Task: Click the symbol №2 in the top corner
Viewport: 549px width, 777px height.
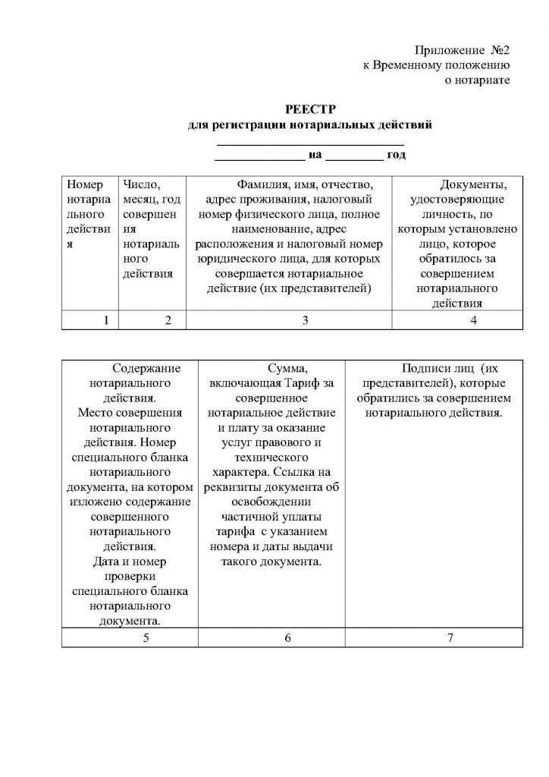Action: tap(497, 50)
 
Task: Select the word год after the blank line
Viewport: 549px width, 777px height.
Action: tap(397, 155)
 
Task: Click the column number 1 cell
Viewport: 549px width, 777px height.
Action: tap(107, 320)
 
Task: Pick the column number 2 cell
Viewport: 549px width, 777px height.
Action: tap(168, 320)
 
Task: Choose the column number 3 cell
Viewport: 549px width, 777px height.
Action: tap(304, 320)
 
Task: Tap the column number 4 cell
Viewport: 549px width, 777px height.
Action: tap(473, 320)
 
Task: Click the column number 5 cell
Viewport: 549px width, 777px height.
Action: tap(145, 637)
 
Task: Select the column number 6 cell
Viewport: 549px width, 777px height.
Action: tap(288, 637)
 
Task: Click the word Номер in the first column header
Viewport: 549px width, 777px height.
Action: tap(84, 184)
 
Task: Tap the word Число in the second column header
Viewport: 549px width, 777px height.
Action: tap(141, 184)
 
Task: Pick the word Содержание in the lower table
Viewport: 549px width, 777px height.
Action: tap(146, 369)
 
